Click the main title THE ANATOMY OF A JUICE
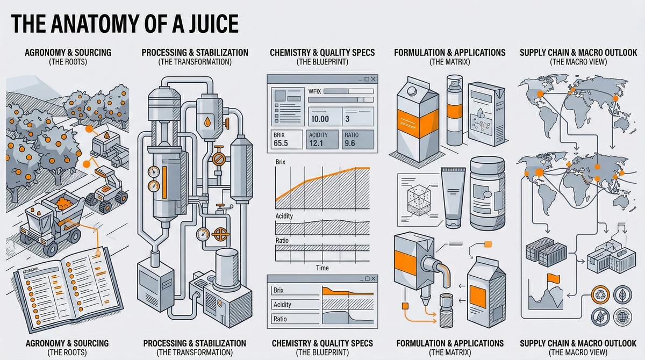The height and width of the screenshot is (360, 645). coord(124,25)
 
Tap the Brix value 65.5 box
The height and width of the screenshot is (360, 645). coord(284,139)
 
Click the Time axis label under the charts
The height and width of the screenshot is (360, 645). coord(322,268)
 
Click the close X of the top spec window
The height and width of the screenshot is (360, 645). coord(374,79)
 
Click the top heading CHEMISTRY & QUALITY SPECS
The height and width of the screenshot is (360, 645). coord(322,53)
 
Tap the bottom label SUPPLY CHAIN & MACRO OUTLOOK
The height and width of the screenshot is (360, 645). coord(578,343)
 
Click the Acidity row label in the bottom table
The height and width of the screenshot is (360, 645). coord(283,305)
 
